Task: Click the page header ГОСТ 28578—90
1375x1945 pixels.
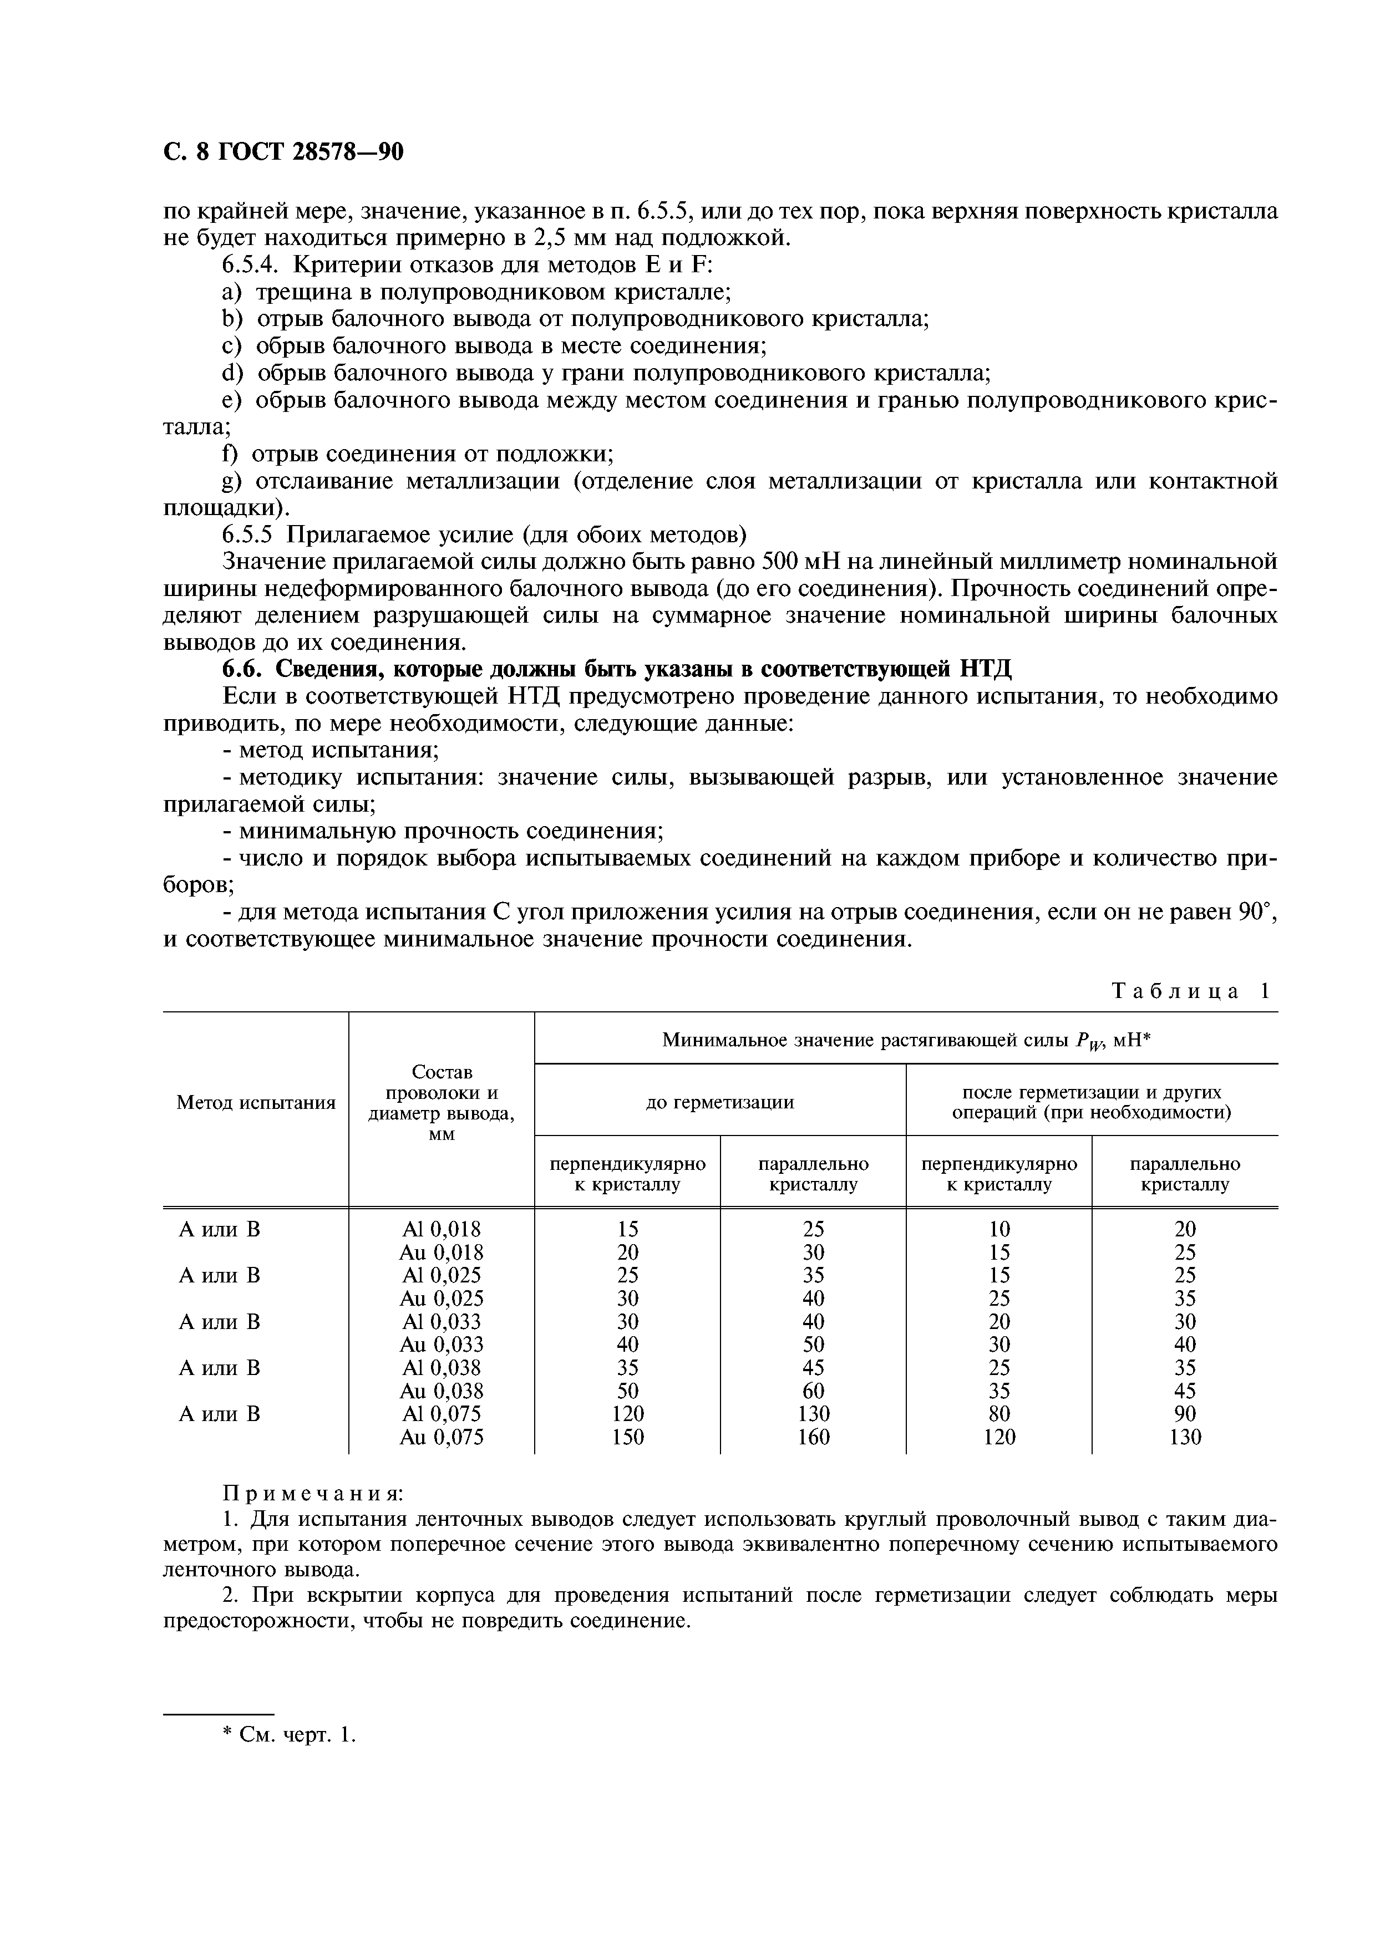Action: point(283,151)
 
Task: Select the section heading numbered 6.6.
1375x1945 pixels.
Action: point(617,669)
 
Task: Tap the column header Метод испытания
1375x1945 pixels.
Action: point(256,1102)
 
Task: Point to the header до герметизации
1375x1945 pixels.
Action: point(719,1102)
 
